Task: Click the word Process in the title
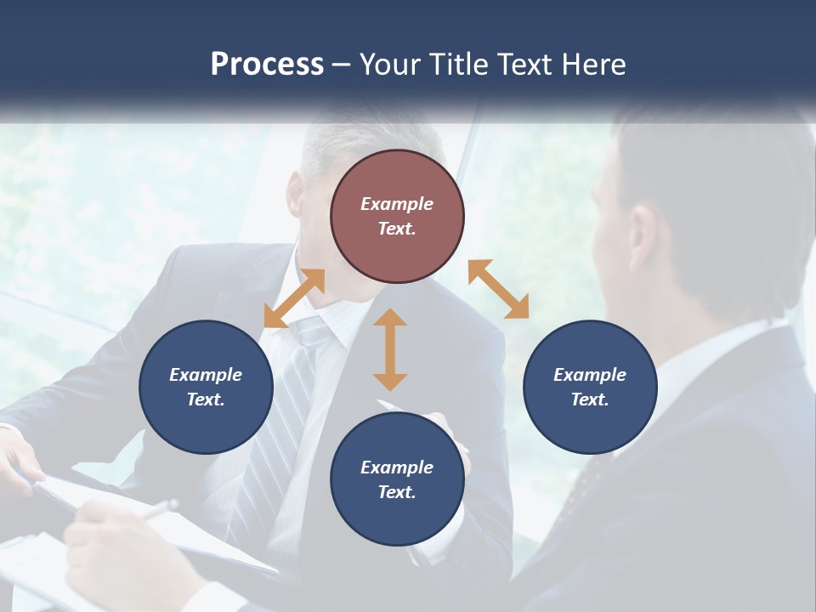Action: coord(267,65)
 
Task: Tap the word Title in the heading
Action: coord(456,65)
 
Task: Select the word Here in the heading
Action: coord(594,65)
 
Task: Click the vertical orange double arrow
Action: coord(390,350)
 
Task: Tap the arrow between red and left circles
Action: coord(294,298)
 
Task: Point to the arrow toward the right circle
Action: coord(498,289)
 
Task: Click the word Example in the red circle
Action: coord(397,204)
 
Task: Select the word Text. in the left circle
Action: coord(206,399)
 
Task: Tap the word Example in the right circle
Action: coord(590,375)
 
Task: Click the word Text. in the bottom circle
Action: coord(397,492)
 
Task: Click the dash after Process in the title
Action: coord(341,65)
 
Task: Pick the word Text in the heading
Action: coord(524,65)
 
